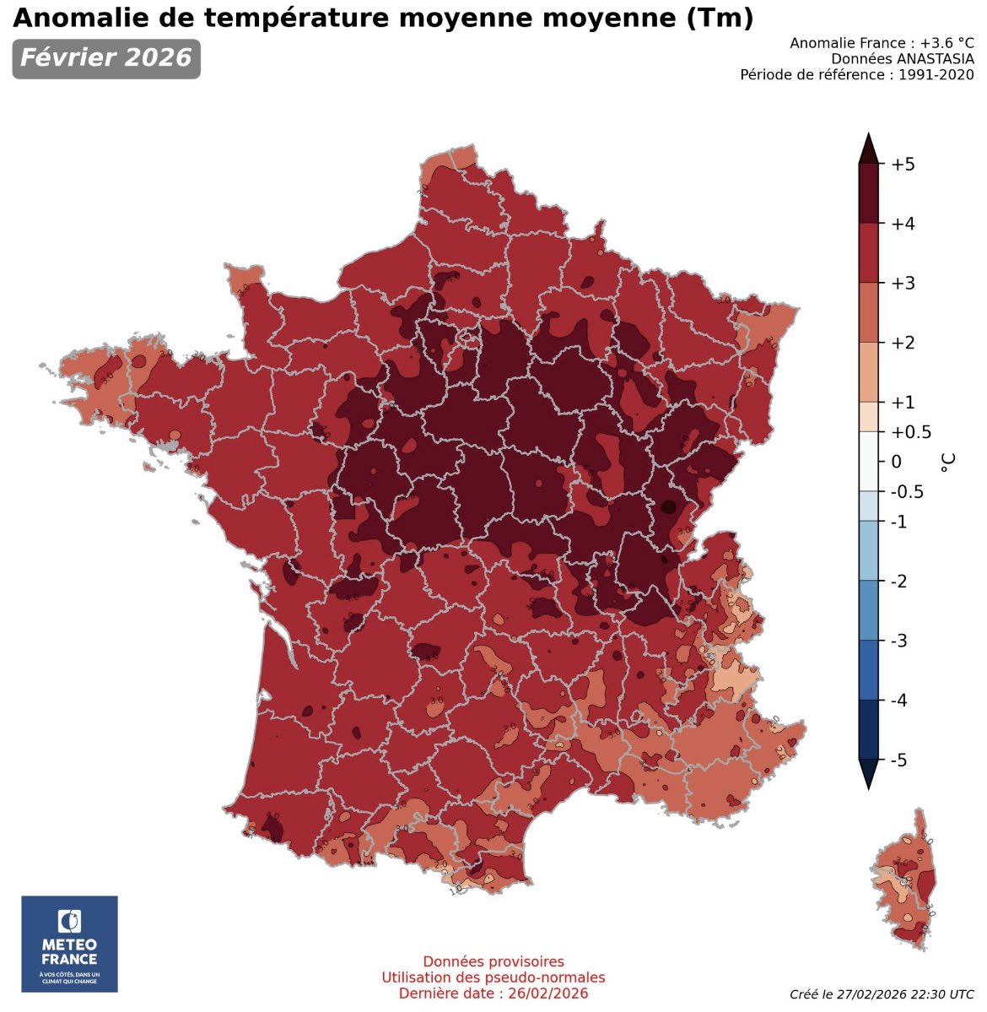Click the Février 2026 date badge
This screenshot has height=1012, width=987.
(x=106, y=58)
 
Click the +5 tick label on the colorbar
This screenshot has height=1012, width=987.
(x=903, y=164)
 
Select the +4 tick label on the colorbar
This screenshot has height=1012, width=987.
(x=903, y=224)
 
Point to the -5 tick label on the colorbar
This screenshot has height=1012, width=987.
(x=900, y=760)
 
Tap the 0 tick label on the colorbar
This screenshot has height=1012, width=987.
(x=896, y=462)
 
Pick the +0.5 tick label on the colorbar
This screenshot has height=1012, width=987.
(x=910, y=432)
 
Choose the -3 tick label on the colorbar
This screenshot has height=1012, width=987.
(x=900, y=641)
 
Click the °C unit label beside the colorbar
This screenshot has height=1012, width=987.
(x=949, y=462)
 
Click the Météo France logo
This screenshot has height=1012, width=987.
(x=69, y=943)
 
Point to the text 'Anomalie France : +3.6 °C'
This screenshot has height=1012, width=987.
(x=882, y=42)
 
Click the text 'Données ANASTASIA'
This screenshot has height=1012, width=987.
(x=902, y=58)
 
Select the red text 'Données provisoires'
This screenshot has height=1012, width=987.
(x=493, y=961)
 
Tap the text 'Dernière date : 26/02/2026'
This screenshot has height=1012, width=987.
(x=493, y=993)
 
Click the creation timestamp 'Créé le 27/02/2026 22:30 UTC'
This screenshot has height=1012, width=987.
(x=882, y=994)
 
